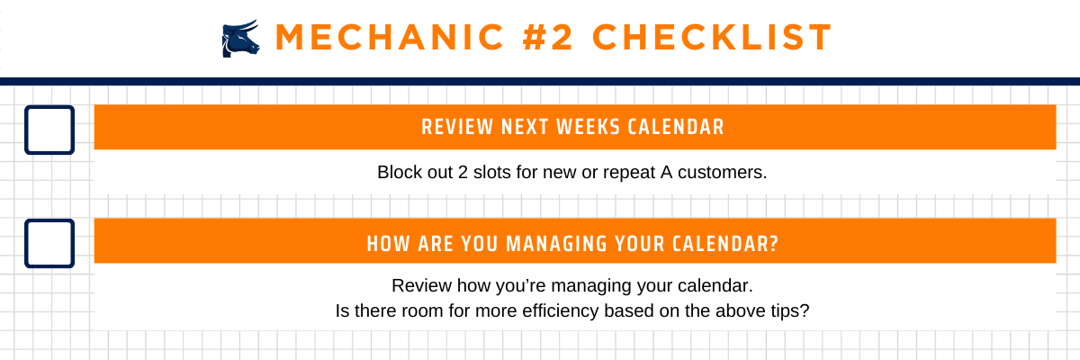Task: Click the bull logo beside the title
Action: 240,39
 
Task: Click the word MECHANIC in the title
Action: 390,37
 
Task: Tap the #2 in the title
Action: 548,37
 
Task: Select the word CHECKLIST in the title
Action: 712,37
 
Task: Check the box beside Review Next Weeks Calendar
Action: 49,130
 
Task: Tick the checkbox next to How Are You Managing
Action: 49,243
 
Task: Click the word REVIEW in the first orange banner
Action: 457,127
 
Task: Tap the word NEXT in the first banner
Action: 525,127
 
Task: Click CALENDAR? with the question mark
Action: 725,244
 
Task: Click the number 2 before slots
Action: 463,172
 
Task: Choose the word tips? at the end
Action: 790,311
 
